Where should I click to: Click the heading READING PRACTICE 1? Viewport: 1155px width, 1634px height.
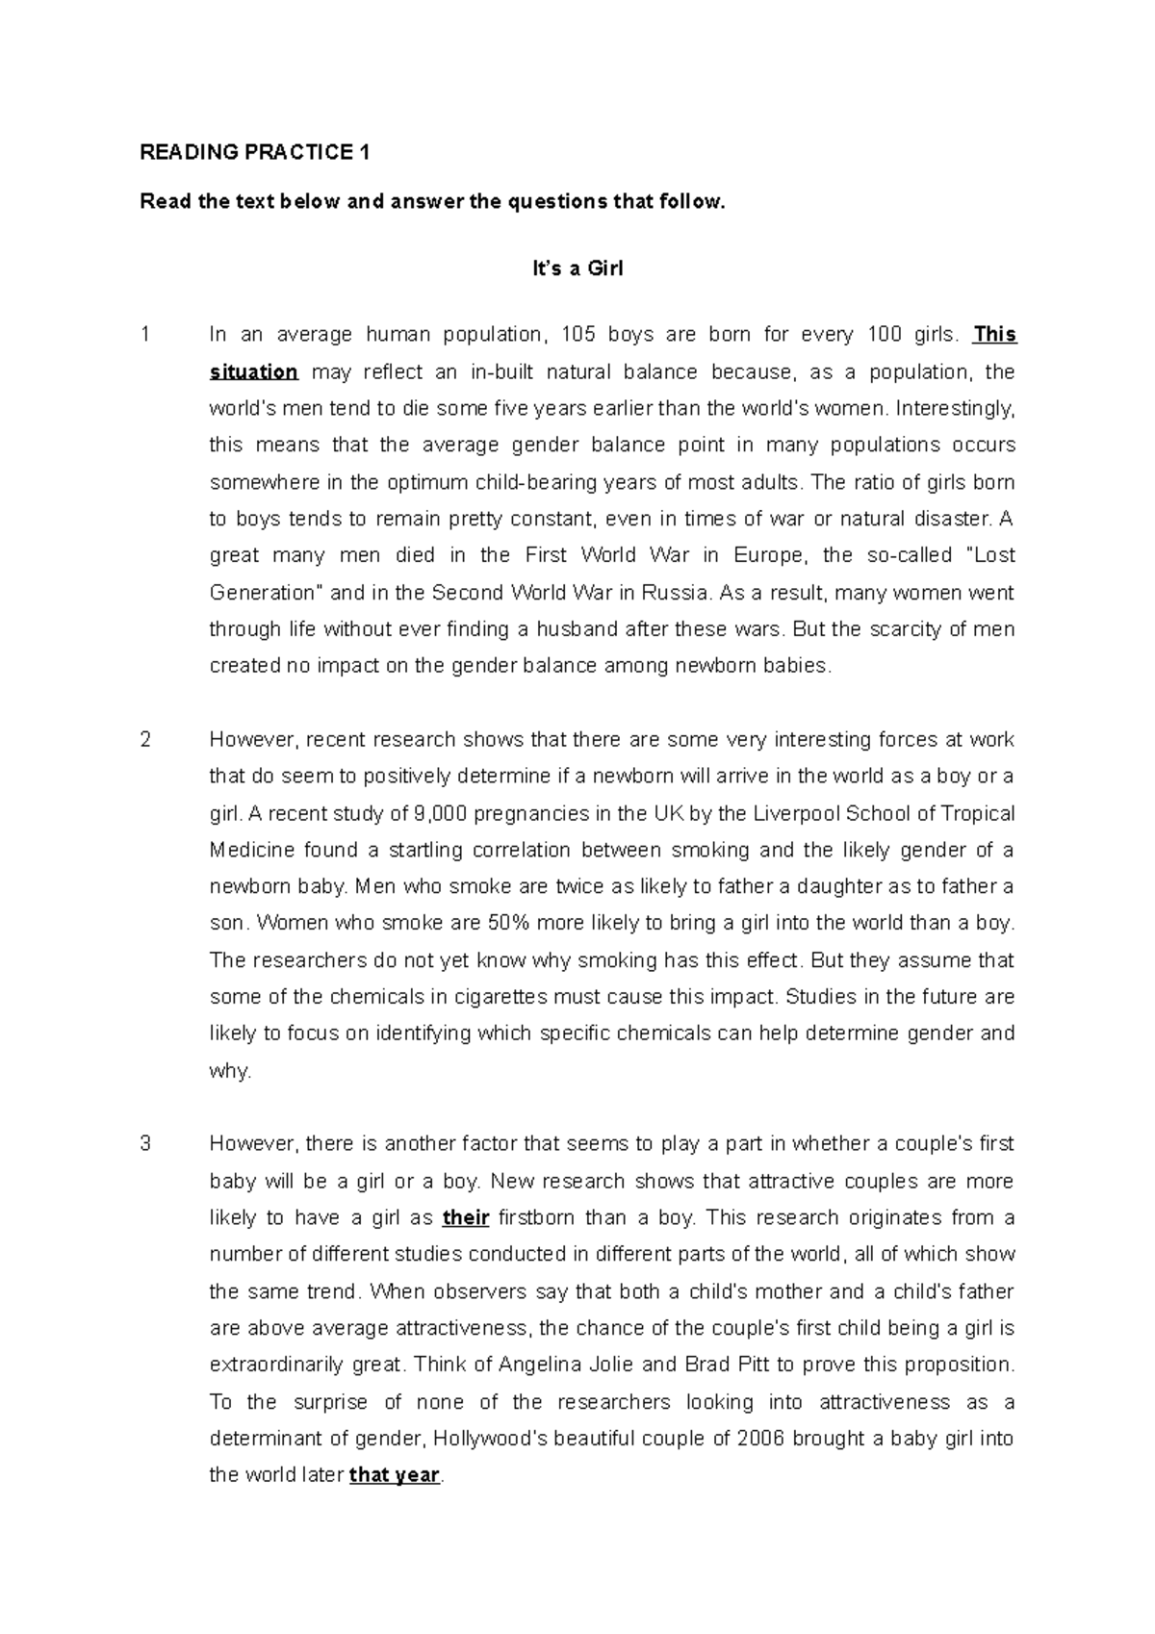[255, 152]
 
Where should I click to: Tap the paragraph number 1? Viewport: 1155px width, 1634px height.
[145, 335]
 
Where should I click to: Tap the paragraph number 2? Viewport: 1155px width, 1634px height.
[145, 740]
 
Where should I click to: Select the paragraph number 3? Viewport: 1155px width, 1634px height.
[145, 1144]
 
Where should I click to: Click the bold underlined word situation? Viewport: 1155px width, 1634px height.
[254, 372]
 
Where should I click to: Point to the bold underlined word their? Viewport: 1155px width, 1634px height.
[466, 1218]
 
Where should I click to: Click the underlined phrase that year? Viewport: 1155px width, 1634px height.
[394, 1475]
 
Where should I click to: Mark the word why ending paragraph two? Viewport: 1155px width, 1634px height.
[229, 1071]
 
